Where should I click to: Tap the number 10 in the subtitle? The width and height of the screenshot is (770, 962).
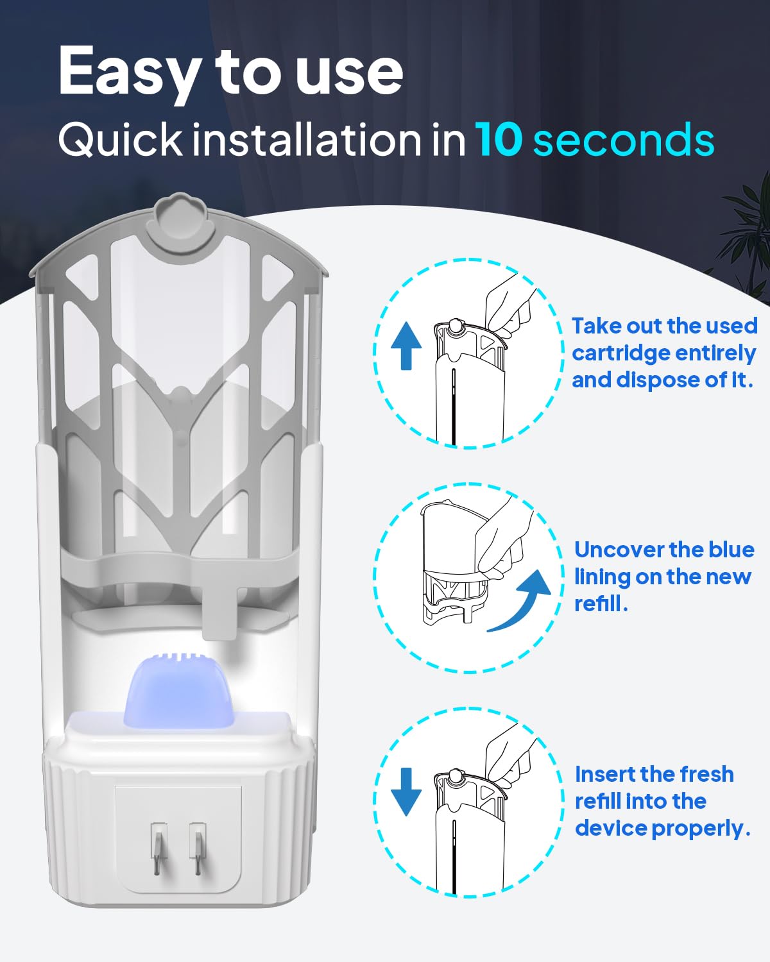click(x=499, y=139)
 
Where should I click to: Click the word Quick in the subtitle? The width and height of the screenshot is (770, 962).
click(x=120, y=140)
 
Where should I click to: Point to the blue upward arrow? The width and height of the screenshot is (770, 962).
click(x=406, y=346)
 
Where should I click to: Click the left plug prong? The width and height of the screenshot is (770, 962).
click(x=159, y=848)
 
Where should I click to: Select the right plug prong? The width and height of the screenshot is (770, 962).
click(x=197, y=848)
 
